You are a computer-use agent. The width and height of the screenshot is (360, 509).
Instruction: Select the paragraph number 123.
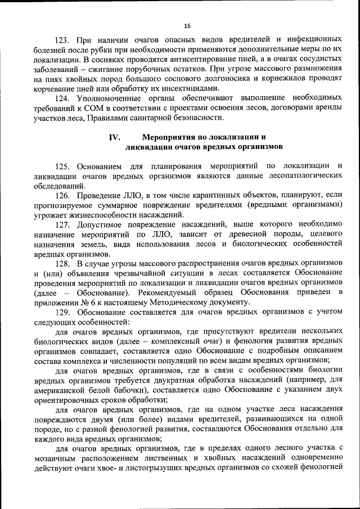[x=64, y=40]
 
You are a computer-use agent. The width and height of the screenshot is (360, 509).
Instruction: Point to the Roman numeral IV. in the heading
[x=114, y=137]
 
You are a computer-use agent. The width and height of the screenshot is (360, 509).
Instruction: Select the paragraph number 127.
[x=64, y=224]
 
